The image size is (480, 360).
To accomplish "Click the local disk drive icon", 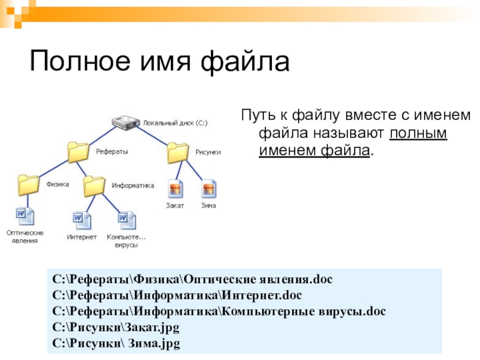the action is click(x=125, y=122).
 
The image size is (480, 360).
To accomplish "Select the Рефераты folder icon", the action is click(x=78, y=152).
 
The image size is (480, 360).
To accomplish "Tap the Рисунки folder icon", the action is click(x=178, y=152).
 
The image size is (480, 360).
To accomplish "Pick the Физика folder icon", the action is click(x=28, y=185).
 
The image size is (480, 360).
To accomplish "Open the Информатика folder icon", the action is click(x=94, y=186).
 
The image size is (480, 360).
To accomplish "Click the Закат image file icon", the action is click(x=176, y=189).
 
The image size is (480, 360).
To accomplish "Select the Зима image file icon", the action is click(x=209, y=189).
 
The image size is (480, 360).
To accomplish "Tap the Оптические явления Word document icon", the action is click(x=25, y=217).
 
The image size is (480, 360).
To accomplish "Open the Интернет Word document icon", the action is click(x=82, y=220).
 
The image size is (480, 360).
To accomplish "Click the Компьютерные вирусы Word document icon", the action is click(x=127, y=220).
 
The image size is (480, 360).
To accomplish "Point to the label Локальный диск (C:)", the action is click(x=175, y=123).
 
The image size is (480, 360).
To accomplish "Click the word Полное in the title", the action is click(x=80, y=61).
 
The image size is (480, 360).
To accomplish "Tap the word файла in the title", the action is click(x=245, y=62).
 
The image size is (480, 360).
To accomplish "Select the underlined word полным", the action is click(x=418, y=133).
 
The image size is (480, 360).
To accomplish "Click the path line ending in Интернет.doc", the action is click(x=177, y=295).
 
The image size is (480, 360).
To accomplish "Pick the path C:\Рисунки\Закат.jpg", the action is click(x=116, y=327).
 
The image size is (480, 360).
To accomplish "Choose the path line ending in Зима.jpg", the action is click(x=116, y=343).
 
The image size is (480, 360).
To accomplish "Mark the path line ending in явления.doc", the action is click(x=192, y=280).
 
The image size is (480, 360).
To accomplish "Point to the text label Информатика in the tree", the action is click(x=133, y=185).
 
